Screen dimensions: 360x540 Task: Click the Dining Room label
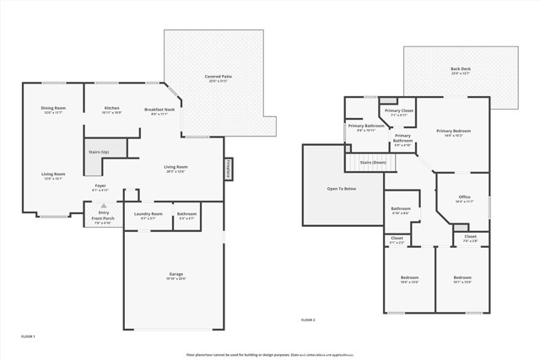[52, 110]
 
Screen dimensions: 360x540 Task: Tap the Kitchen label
[112, 110]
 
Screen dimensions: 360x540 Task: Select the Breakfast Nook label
[159, 110]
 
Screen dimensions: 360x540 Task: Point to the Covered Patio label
[218, 78]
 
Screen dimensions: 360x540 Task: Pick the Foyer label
[100, 187]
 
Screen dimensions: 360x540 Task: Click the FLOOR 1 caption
[28, 336]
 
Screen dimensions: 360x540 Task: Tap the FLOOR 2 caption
[308, 320]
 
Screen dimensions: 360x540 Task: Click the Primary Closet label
[398, 112]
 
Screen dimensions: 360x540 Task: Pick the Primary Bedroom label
[453, 132]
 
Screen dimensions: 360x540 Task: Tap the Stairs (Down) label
[372, 162]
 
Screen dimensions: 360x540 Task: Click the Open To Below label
[342, 188]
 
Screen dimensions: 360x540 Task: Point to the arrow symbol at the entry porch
[103, 205]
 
